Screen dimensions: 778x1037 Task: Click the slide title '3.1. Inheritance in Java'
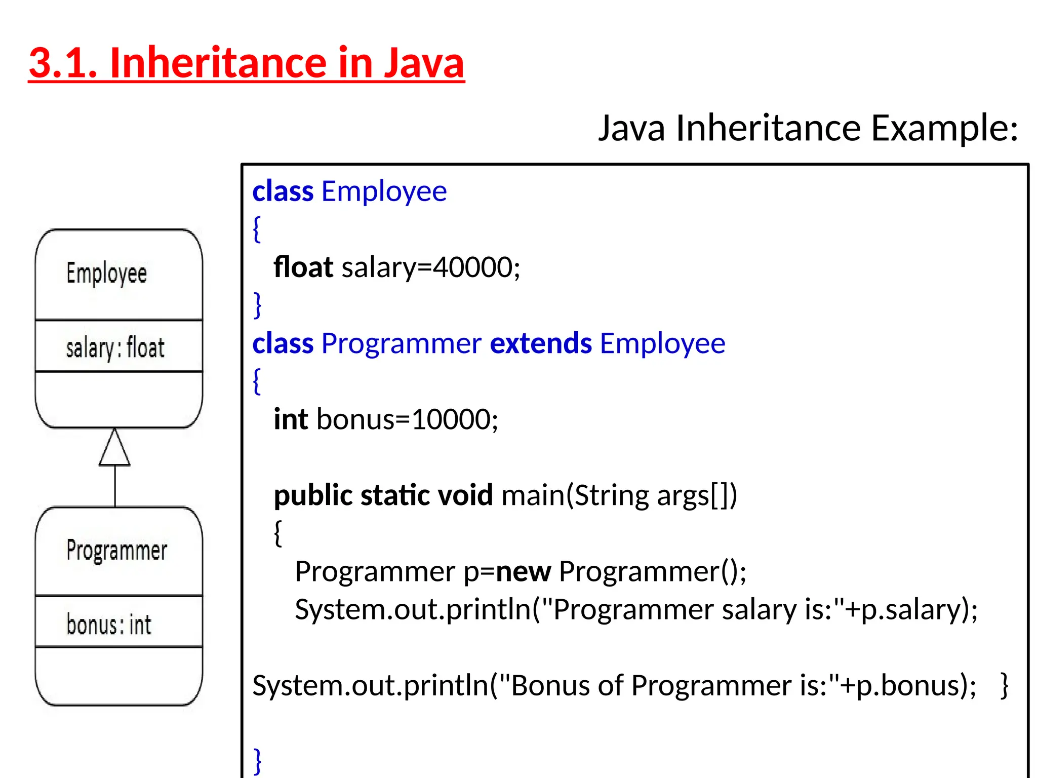[247, 63]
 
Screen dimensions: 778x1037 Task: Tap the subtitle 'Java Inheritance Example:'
[808, 128]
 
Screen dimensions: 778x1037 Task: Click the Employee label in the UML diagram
[106, 274]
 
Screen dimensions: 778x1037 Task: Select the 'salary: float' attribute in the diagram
[115, 348]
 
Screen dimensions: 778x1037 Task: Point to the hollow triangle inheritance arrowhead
[114, 448]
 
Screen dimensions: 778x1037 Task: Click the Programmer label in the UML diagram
[116, 551]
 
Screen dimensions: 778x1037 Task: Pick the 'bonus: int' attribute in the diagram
[108, 625]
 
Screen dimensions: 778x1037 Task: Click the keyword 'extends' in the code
[541, 343]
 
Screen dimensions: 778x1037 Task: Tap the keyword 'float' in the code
[303, 267]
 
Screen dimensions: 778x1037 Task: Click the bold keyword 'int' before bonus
[291, 419]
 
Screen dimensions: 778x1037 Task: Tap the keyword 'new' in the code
[523, 572]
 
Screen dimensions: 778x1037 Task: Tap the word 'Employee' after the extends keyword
[662, 343]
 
